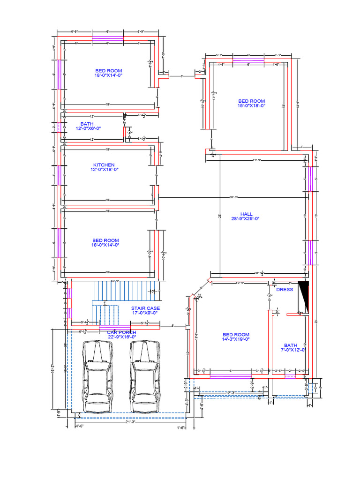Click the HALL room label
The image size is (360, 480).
246,214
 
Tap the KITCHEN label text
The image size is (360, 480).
104,165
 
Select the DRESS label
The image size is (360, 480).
284,290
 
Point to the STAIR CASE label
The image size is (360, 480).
145,308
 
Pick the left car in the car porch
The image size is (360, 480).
97,376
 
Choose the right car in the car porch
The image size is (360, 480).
144,376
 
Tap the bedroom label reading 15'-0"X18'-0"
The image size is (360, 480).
251,106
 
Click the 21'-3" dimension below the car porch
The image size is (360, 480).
131,422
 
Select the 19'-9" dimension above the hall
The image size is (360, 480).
257,160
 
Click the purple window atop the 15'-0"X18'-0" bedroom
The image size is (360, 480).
248,60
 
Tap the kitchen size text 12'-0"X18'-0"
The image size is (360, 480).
104,170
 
